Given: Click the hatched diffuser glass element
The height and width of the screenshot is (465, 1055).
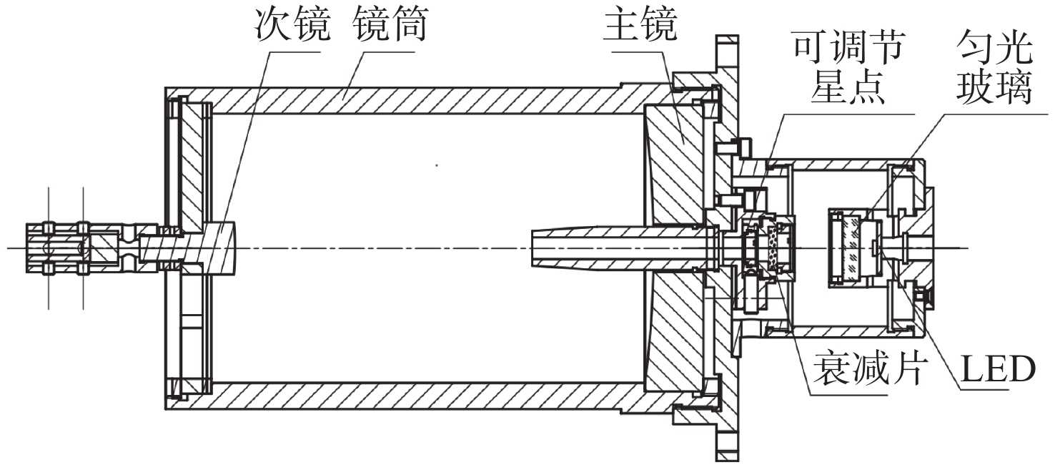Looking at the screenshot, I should (x=851, y=247).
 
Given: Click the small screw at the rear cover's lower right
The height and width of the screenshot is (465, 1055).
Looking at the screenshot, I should (x=926, y=294).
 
